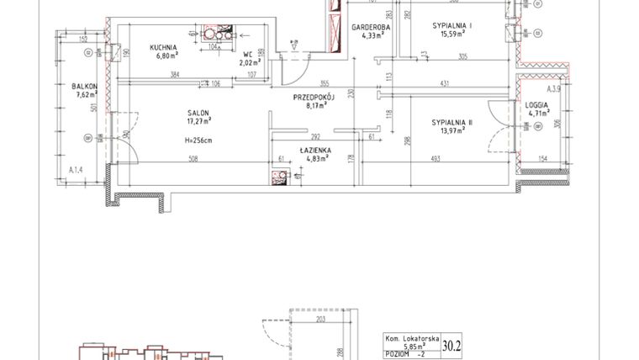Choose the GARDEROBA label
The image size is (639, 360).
[x=367, y=27]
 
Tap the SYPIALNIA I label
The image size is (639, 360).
[x=452, y=27]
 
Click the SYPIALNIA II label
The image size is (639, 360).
[x=452, y=123]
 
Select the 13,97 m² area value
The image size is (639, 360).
[x=452, y=132]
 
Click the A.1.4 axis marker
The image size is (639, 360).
[x=77, y=171]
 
